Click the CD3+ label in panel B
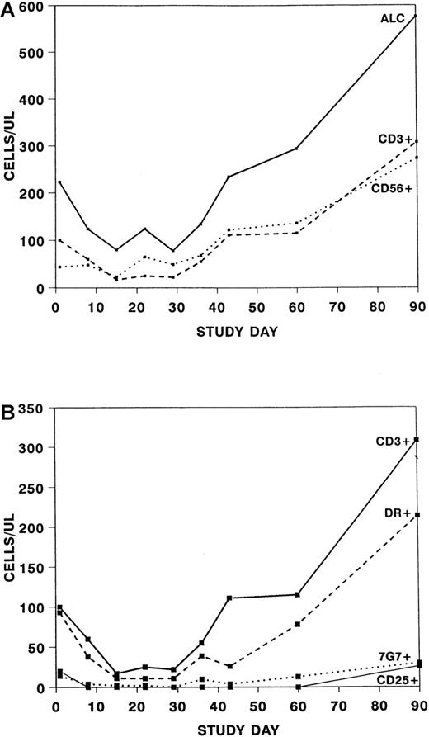pyautogui.click(x=395, y=441)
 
